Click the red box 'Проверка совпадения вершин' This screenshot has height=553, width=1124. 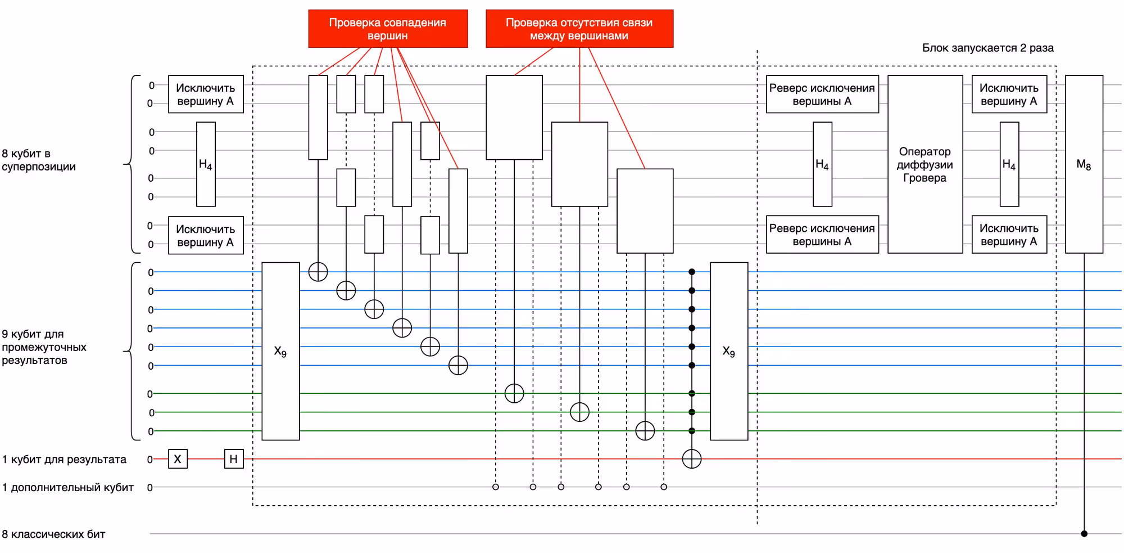point(388,29)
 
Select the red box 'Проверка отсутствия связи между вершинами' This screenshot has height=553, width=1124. point(579,29)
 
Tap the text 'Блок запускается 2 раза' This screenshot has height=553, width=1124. point(987,48)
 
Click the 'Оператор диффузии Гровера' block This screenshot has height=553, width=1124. point(925,164)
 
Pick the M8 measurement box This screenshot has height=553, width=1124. point(1084,164)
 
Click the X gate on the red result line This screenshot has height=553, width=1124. point(178,459)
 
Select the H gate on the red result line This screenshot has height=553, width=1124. point(234,459)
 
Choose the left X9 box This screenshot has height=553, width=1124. point(280,351)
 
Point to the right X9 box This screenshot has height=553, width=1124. point(729,351)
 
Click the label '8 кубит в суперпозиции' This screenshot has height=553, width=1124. point(39,160)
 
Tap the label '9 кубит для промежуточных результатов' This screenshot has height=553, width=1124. point(44,347)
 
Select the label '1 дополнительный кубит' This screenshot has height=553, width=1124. point(68,487)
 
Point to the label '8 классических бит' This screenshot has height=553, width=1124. point(53,534)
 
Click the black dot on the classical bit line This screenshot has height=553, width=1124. point(1084,533)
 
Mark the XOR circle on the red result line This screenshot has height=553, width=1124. point(692,459)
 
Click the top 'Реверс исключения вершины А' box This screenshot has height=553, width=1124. point(822,94)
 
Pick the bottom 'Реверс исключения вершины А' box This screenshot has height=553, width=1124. point(822,235)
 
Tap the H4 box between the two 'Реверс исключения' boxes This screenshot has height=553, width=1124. point(822,164)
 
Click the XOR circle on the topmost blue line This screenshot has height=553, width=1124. point(318,272)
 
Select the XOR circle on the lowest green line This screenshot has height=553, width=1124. point(645,431)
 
